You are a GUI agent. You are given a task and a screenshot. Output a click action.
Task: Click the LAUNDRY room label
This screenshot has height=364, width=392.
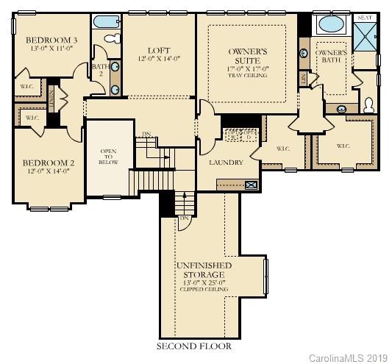tap(226, 163)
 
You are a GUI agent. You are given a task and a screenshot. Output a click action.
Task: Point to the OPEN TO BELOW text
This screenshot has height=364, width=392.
tap(109, 159)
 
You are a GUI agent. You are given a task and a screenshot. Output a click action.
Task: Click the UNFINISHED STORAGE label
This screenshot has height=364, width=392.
tap(204, 269)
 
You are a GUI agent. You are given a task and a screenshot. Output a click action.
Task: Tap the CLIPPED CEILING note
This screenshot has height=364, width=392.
tap(204, 289)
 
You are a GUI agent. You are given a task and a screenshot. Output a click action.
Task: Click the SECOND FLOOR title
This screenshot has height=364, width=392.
tap(194, 346)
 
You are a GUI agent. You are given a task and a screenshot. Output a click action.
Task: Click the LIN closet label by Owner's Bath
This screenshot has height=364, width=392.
tap(303, 76)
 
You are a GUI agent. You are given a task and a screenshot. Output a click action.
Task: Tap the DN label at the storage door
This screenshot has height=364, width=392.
tap(184, 218)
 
